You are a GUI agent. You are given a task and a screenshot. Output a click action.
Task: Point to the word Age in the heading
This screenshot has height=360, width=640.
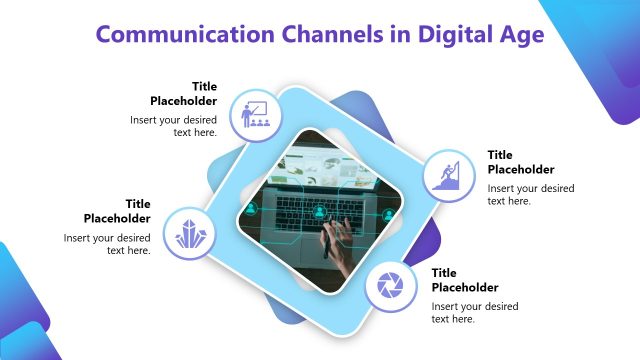tap(522, 35)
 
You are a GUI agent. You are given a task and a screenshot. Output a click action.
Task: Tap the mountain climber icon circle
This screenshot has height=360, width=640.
tap(445, 176)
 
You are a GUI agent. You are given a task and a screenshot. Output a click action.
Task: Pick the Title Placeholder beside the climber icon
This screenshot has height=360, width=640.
tap(520, 162)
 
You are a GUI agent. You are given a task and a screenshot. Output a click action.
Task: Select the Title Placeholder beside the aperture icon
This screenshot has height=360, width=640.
tap(464, 280)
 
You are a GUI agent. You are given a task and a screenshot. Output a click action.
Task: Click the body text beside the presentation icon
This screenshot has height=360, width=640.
tap(174, 126)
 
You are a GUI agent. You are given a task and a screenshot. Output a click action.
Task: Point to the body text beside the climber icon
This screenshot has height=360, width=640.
tap(530, 194)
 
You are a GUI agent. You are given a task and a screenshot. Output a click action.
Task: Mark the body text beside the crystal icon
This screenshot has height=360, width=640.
tap(108, 244)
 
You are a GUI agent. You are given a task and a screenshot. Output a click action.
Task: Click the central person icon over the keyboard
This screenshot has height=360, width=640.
tap(319, 211)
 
